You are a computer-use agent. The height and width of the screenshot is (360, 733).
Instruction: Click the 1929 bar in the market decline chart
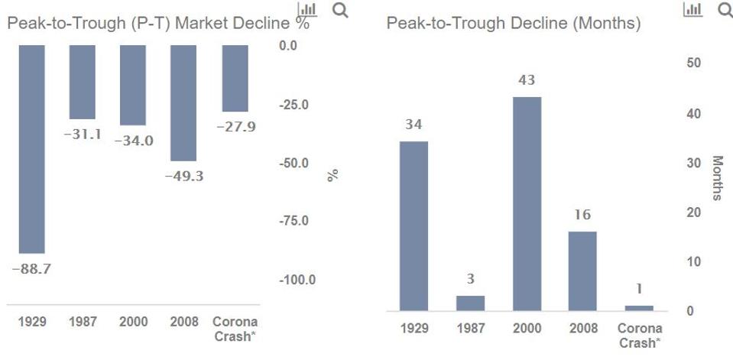click(31, 148)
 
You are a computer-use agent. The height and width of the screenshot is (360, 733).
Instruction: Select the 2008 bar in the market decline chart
click(183, 102)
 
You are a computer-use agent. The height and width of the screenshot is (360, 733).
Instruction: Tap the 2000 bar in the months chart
click(527, 203)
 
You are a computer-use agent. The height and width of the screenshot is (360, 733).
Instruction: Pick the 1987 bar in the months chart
click(471, 303)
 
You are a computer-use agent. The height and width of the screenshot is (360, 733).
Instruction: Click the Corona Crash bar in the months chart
click(639, 308)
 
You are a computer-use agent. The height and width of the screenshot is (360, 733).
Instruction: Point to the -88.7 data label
click(31, 269)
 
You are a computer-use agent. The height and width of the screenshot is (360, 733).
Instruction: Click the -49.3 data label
click(183, 176)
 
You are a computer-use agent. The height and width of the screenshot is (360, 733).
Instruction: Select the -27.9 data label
click(235, 127)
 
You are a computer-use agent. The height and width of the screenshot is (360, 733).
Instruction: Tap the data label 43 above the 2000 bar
click(527, 80)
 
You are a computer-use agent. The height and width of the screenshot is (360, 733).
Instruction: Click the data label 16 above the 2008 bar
click(582, 215)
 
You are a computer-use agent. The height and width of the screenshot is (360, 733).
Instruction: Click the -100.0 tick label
click(297, 280)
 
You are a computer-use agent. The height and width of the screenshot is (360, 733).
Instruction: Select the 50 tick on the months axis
click(692, 63)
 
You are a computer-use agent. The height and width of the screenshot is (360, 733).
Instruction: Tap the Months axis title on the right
click(718, 178)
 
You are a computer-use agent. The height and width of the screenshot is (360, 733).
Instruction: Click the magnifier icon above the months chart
click(724, 10)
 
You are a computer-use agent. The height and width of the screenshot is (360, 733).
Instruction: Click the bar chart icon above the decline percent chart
click(307, 10)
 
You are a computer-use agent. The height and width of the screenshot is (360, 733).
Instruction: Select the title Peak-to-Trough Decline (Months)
click(513, 24)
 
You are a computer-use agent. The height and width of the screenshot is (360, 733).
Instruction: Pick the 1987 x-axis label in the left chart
click(83, 322)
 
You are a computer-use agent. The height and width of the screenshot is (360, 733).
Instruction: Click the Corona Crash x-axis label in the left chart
click(235, 329)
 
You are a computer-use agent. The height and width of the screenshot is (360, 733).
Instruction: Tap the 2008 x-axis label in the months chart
click(582, 328)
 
